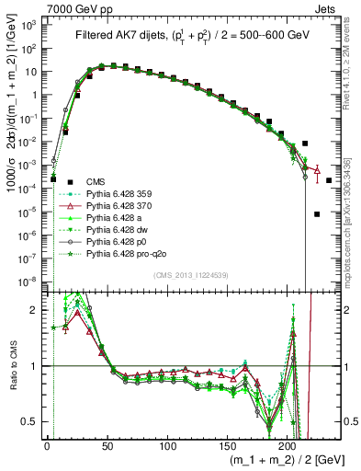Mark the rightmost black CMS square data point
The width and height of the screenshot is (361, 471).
328,180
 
